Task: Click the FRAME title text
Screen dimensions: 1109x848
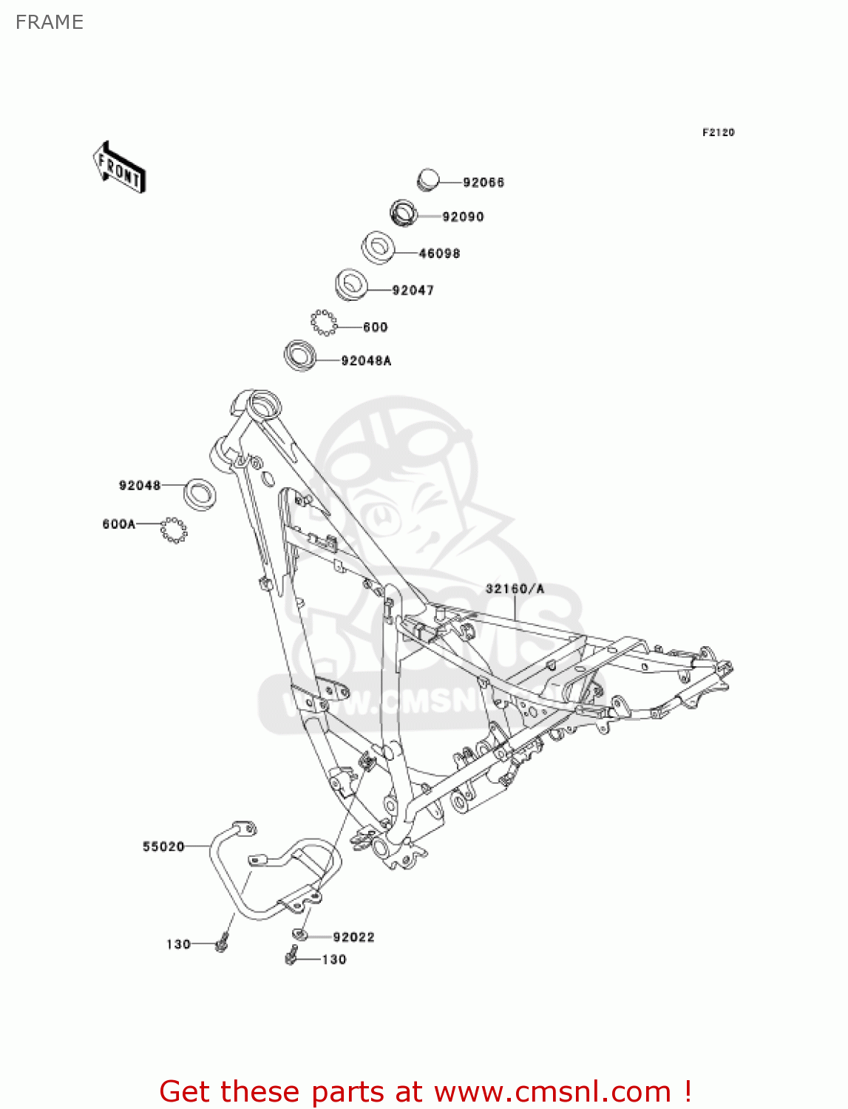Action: click(x=50, y=22)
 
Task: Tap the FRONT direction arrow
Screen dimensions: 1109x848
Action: click(x=119, y=168)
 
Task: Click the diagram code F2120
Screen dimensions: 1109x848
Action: click(x=718, y=132)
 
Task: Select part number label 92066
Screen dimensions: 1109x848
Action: click(x=484, y=183)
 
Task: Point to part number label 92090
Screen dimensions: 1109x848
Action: click(x=463, y=217)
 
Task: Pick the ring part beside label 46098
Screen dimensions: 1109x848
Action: click(x=378, y=246)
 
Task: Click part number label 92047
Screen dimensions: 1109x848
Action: click(x=413, y=291)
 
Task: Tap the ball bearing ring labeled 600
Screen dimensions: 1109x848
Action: click(x=323, y=322)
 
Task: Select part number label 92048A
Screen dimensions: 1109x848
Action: click(x=366, y=361)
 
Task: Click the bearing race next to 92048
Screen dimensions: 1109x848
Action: click(x=200, y=493)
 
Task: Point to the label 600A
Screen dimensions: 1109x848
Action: click(x=119, y=524)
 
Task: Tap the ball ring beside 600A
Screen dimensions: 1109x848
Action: click(x=174, y=530)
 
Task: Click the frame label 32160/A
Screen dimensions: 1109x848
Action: click(x=515, y=589)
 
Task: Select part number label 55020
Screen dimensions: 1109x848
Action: click(x=163, y=847)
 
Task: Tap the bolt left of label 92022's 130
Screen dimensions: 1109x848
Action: click(x=291, y=958)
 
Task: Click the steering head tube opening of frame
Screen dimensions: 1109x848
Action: click(x=263, y=404)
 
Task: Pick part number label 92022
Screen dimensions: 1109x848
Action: click(x=353, y=937)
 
